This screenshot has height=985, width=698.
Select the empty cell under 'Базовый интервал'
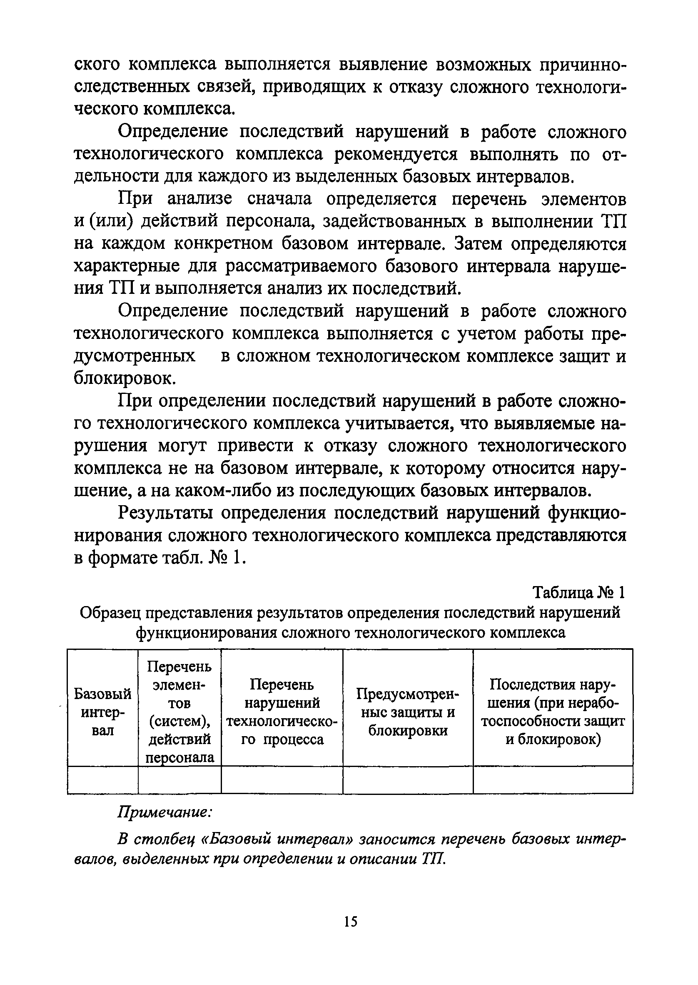click(x=103, y=779)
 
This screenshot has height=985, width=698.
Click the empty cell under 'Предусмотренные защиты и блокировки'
click(x=407, y=779)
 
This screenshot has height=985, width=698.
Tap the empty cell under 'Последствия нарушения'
click(x=553, y=779)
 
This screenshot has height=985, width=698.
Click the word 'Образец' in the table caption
click(x=110, y=612)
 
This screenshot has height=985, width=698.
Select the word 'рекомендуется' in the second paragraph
click(x=396, y=154)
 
